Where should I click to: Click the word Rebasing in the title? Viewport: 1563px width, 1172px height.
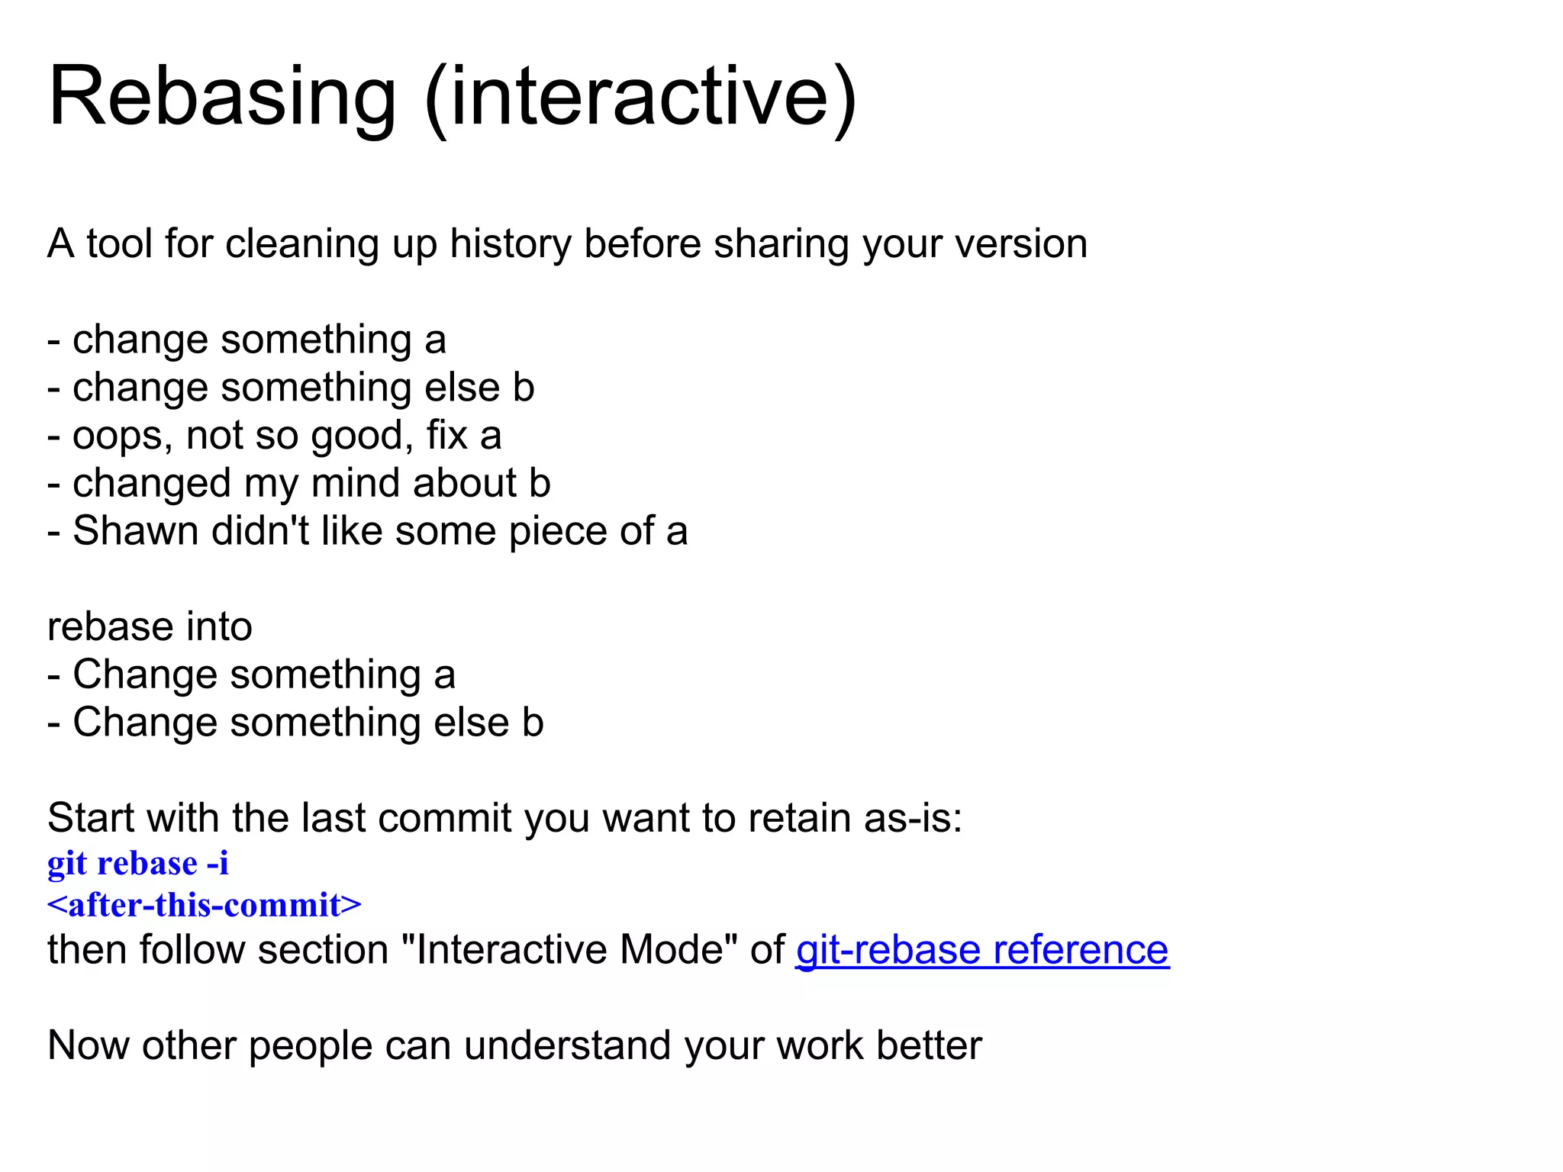point(222,98)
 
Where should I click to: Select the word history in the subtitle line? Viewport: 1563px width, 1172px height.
point(510,244)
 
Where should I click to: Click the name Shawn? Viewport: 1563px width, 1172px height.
point(135,531)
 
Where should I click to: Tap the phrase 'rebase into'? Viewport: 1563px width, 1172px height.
point(150,627)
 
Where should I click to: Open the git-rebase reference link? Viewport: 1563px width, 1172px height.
point(981,950)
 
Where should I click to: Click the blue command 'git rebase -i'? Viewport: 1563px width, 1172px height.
point(138,864)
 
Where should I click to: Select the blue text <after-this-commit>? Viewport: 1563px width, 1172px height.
point(204,905)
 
